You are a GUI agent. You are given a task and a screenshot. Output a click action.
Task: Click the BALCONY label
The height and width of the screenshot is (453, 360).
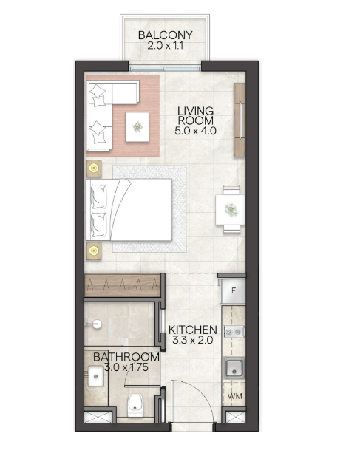[x=166, y=35]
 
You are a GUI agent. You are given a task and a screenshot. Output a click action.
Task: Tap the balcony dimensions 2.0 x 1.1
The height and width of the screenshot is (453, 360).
[x=166, y=46]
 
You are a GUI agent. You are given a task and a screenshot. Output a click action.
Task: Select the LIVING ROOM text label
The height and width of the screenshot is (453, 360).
[x=196, y=115]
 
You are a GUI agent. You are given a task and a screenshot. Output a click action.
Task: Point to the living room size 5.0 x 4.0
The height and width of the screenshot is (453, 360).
[x=196, y=131]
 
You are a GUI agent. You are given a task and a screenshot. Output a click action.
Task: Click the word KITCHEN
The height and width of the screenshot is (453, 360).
[x=193, y=330]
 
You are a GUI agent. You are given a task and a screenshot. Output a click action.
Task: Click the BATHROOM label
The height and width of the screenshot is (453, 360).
[x=126, y=357]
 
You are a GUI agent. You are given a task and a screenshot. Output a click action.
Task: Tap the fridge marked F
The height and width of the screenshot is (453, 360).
[x=233, y=290]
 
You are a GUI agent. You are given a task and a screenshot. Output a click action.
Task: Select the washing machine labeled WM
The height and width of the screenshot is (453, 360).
[x=234, y=396]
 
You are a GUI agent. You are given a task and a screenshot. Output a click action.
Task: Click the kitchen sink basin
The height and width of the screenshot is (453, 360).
[x=234, y=368]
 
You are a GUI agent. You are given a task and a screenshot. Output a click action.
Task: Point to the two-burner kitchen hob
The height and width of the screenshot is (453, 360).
[x=234, y=333]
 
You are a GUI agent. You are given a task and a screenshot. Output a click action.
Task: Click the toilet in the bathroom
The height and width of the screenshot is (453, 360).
[x=135, y=406]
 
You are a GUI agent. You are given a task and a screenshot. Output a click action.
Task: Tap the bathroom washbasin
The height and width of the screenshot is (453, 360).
[x=95, y=376]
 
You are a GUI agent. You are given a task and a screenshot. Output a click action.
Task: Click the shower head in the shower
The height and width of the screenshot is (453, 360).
[x=97, y=324]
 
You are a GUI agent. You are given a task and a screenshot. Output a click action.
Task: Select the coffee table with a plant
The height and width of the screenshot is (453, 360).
[x=137, y=127]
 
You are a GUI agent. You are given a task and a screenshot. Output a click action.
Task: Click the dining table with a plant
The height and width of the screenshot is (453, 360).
[x=231, y=210]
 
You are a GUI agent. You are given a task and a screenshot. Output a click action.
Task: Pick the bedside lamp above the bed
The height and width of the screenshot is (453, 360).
[x=94, y=168]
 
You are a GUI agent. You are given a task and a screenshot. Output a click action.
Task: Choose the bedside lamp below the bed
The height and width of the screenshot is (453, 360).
[x=94, y=251]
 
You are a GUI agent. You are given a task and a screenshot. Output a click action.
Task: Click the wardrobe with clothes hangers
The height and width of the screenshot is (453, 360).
[x=122, y=285]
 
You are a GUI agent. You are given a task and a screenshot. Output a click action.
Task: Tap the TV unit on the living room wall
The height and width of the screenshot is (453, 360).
[x=240, y=120]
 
